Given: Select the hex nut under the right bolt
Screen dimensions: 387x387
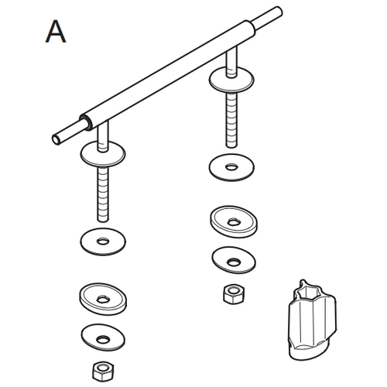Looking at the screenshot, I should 230,293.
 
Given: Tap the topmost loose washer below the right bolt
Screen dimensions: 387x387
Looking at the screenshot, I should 231,166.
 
